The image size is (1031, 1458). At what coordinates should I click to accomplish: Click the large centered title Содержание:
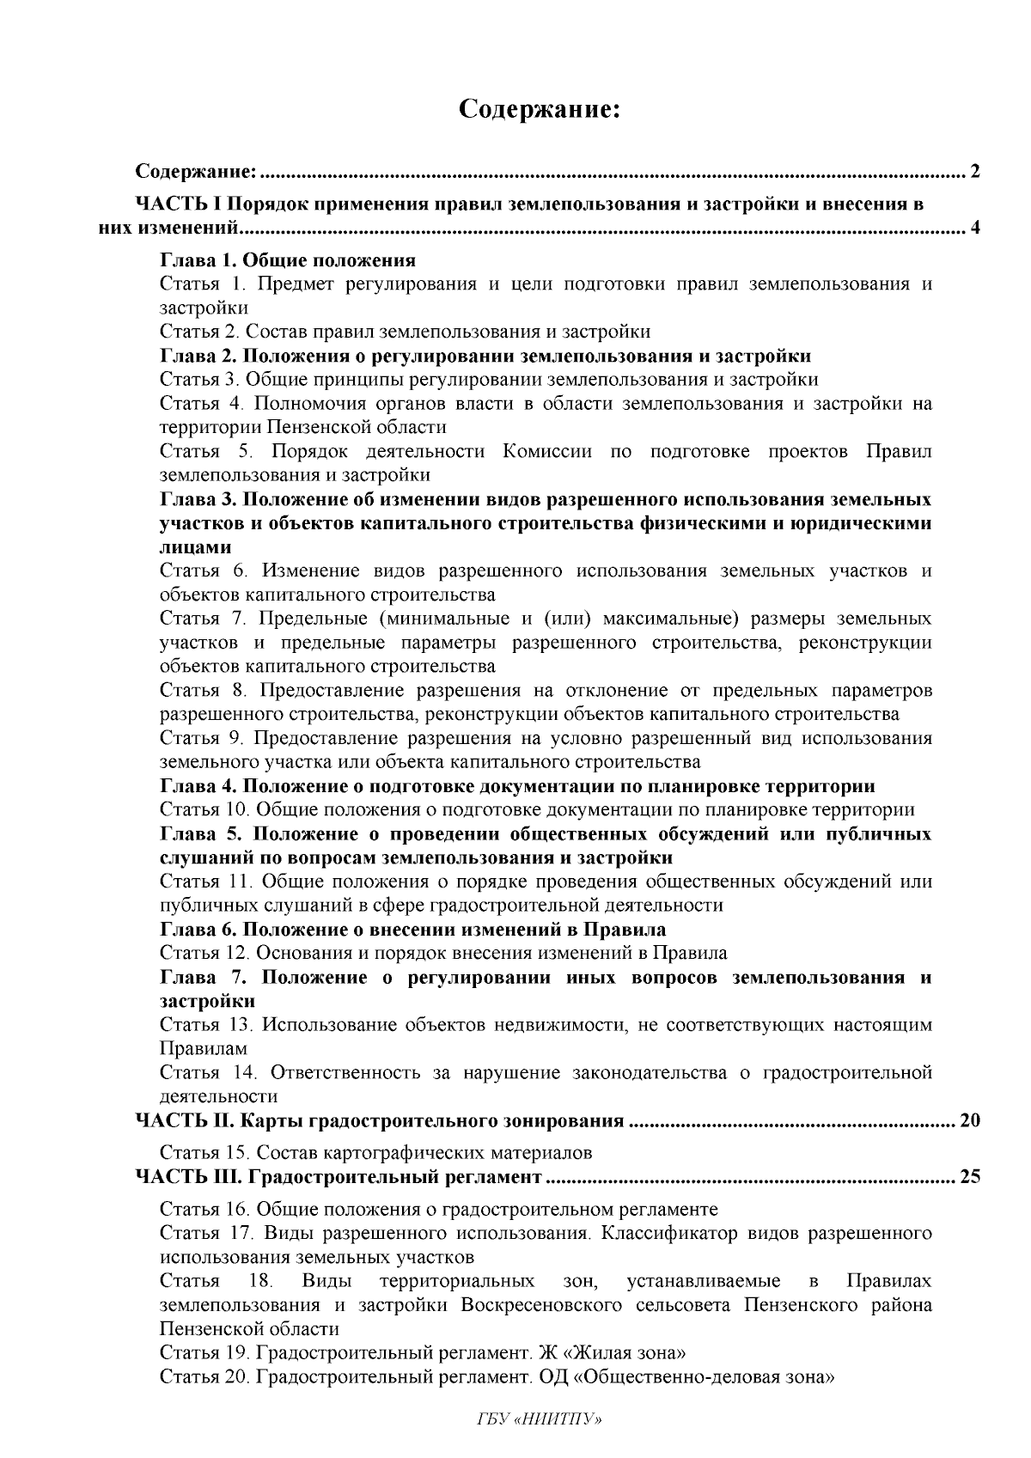click(540, 110)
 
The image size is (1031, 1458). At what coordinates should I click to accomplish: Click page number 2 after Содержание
click(974, 171)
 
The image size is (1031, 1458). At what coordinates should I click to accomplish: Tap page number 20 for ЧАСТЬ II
click(969, 1120)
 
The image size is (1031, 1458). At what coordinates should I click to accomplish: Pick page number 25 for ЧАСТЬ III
click(969, 1177)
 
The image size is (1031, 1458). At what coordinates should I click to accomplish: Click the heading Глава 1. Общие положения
click(288, 260)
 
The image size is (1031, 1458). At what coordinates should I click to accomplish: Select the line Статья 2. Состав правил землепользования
click(405, 332)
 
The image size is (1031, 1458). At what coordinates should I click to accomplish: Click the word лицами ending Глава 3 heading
click(195, 547)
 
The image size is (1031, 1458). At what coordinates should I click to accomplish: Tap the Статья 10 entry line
click(537, 809)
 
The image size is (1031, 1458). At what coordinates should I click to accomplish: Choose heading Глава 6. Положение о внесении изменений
click(412, 929)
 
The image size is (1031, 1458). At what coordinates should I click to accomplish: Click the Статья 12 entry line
click(443, 953)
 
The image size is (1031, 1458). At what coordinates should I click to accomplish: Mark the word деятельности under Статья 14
click(218, 1096)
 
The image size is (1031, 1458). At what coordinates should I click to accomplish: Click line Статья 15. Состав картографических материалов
click(375, 1152)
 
